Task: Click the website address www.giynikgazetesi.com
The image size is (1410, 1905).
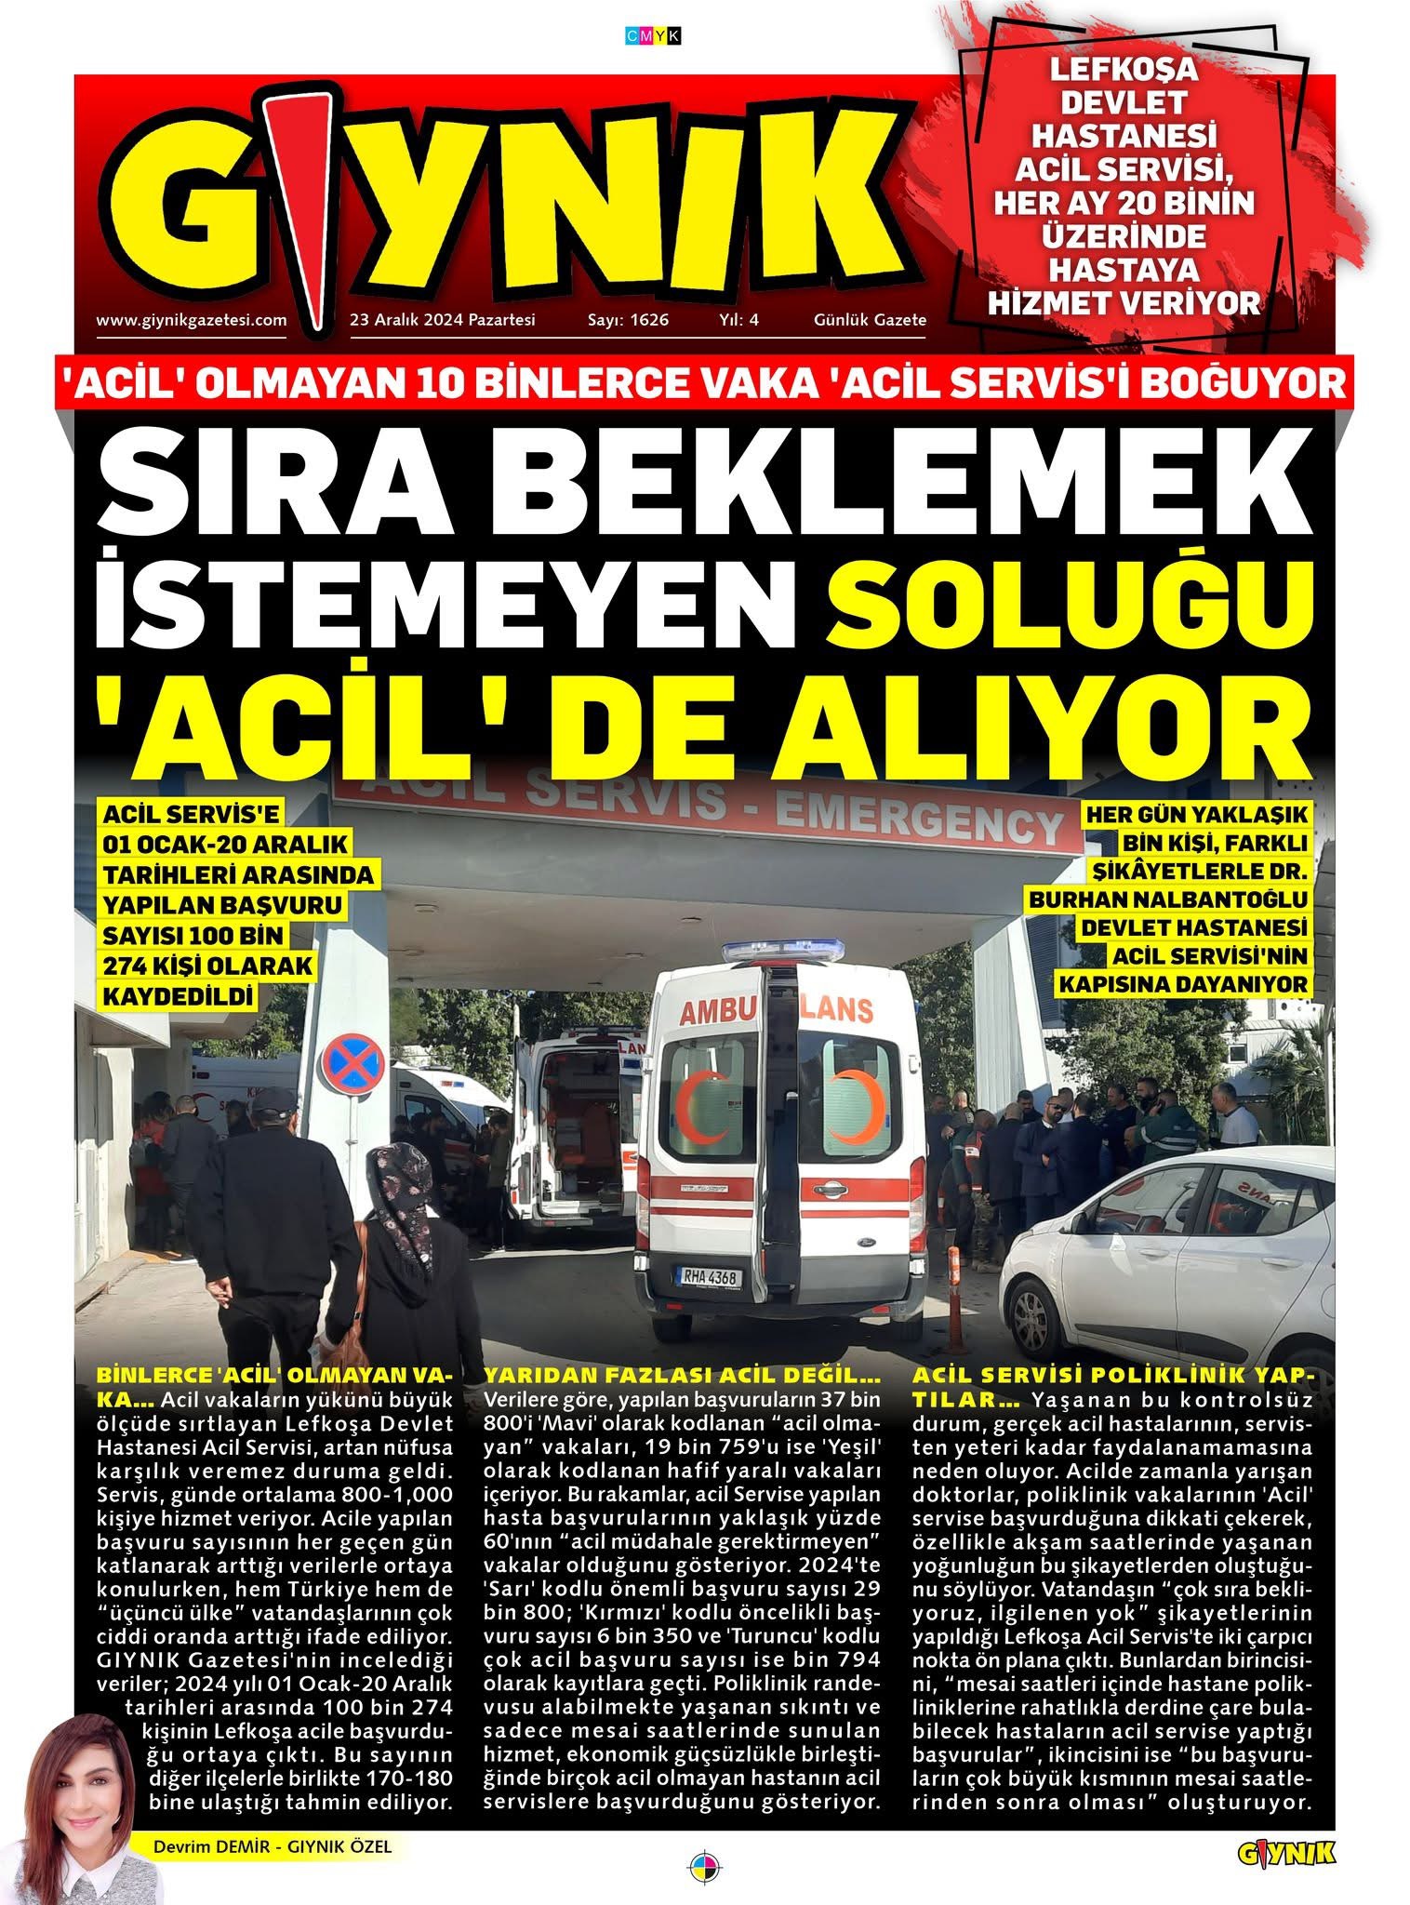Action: (x=191, y=320)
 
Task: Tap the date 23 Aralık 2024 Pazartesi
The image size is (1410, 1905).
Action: (x=443, y=320)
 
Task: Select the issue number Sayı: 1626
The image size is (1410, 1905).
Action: (x=628, y=320)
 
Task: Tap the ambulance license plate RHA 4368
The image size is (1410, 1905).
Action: (x=710, y=1277)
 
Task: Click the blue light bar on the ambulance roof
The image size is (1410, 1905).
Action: (x=783, y=952)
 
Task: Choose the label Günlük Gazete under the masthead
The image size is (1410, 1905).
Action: (x=870, y=320)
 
